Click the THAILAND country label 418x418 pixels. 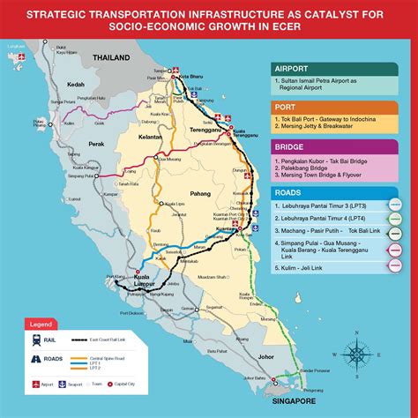(x=113, y=58)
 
